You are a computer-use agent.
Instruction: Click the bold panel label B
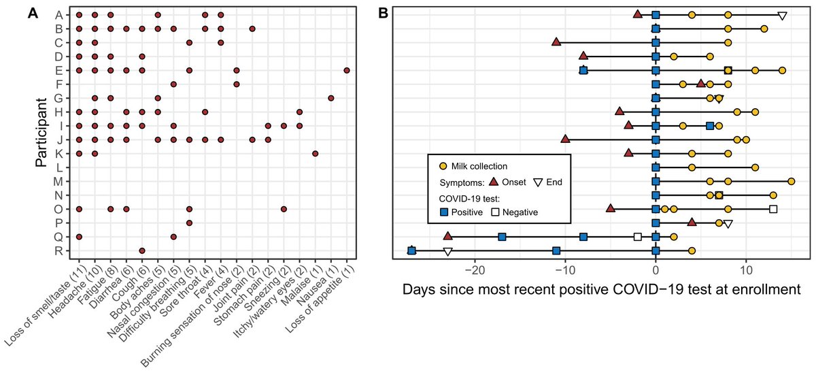click(383, 13)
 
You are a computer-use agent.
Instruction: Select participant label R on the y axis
click(60, 250)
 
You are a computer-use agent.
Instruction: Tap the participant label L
click(60, 167)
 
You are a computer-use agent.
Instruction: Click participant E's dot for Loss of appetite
click(347, 70)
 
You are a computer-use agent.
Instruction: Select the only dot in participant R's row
click(142, 250)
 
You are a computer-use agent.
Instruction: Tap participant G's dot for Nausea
click(331, 98)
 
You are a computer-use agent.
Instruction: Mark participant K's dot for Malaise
click(316, 154)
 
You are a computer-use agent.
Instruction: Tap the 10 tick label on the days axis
click(746, 267)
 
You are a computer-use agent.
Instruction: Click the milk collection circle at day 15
click(792, 181)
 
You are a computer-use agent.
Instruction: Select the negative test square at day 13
click(773, 209)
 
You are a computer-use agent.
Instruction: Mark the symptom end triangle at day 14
click(783, 16)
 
